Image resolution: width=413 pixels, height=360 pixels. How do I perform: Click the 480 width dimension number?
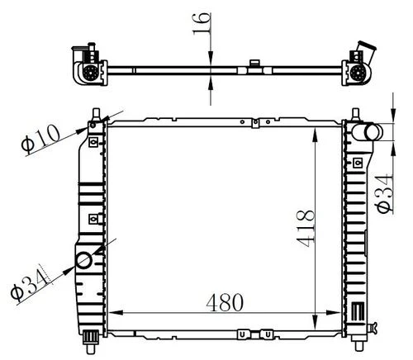tap(225, 302)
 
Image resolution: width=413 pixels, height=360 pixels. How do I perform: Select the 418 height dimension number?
tap(305, 229)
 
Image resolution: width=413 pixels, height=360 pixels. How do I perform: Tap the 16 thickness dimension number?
tap(202, 23)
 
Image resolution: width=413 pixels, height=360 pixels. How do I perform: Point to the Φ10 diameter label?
tap(41, 139)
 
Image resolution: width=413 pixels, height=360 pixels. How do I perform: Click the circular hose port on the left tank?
tap(83, 260)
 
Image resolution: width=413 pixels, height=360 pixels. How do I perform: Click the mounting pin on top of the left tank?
tap(96, 114)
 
